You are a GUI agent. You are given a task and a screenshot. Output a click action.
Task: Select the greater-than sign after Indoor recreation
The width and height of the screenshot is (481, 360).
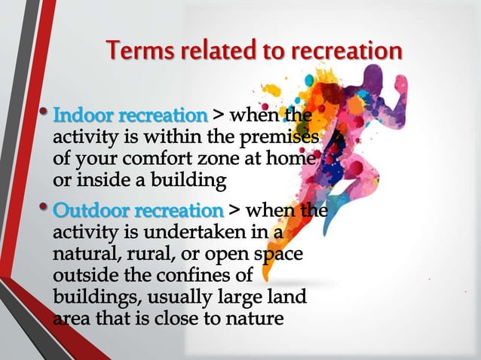[218, 117]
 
